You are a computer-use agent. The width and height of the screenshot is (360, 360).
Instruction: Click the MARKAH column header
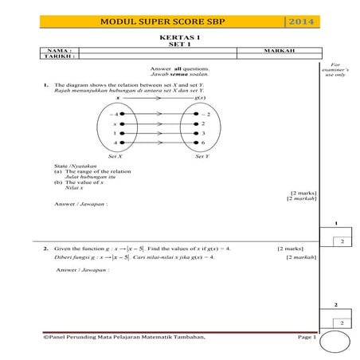[279, 51]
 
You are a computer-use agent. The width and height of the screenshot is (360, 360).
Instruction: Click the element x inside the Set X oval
[115, 124]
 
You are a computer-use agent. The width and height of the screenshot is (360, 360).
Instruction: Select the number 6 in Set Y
[203, 142]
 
